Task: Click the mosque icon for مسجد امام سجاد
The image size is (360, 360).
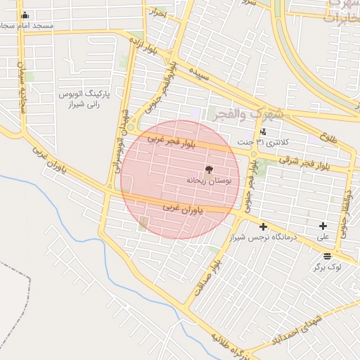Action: click(25, 15)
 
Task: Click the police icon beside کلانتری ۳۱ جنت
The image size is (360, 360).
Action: click(263, 131)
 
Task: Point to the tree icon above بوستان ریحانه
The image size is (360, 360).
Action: click(208, 169)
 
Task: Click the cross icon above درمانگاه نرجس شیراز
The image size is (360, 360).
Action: click(263, 226)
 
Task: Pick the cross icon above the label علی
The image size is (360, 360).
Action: click(323, 226)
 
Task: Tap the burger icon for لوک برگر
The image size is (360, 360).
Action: click(328, 256)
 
